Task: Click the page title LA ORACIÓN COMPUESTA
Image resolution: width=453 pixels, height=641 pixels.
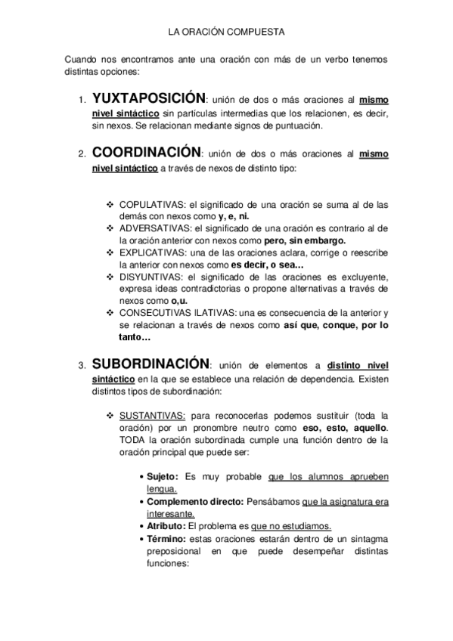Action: pyautogui.click(x=225, y=33)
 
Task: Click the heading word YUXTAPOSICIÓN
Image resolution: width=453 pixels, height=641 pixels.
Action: pyautogui.click(x=148, y=99)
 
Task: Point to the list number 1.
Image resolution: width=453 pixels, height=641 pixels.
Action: pyautogui.click(x=82, y=101)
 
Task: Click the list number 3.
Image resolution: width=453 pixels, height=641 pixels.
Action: pyautogui.click(x=82, y=367)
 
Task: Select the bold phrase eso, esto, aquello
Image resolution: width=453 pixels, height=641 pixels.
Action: pyautogui.click(x=340, y=428)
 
